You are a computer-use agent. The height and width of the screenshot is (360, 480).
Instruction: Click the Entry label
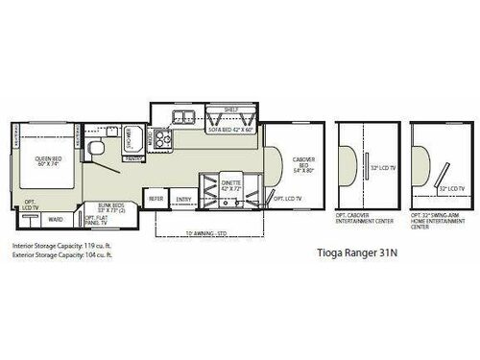coord(183,198)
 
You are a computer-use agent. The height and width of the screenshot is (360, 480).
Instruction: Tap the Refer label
coord(156,198)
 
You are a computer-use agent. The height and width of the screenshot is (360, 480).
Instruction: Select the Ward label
coord(57,218)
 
